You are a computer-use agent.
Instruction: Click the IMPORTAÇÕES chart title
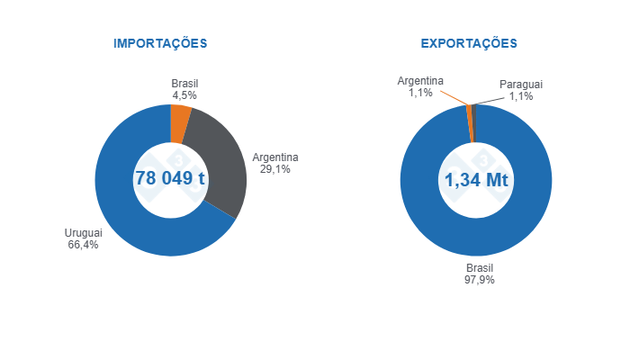[x=160, y=43]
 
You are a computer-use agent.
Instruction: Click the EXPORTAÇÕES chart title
[x=469, y=43]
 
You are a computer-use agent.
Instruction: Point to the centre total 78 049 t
[x=170, y=178]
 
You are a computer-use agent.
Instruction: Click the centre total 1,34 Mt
[x=476, y=180]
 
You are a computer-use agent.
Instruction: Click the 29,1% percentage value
[x=274, y=169]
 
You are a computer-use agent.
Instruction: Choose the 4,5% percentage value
[x=184, y=94]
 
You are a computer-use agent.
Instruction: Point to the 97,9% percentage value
[x=480, y=280]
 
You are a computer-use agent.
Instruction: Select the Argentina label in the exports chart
[x=420, y=81]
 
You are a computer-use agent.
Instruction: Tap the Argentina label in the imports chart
[x=274, y=157]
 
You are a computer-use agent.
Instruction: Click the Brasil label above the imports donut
[x=184, y=83]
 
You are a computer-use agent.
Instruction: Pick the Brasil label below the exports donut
[x=480, y=268]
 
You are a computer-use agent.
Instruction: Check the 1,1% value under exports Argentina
[x=420, y=93]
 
